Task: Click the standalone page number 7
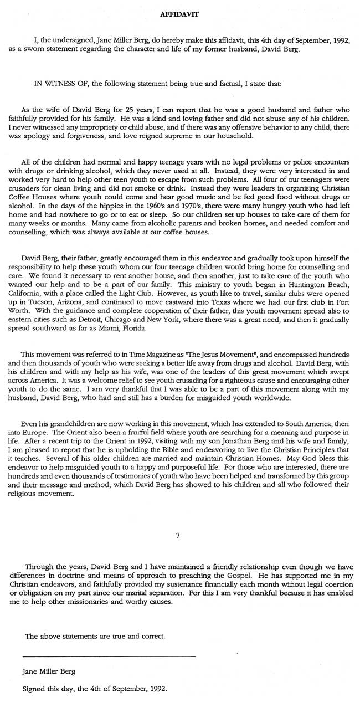click(x=177, y=536)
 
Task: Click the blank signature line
click(x=110, y=656)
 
